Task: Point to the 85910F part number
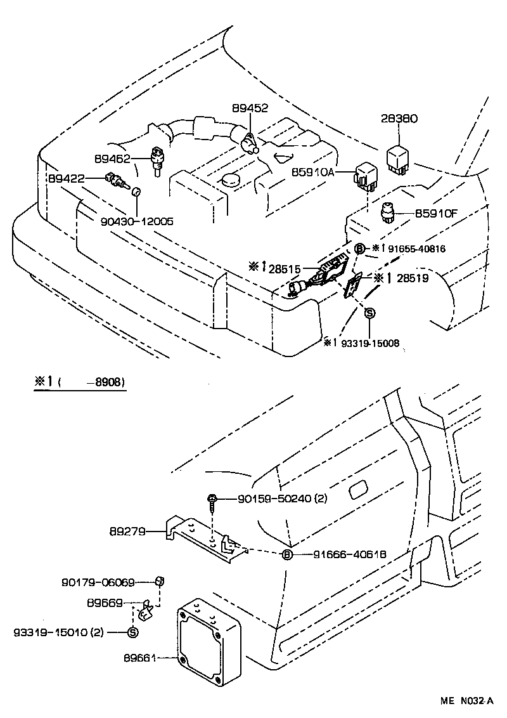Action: (x=436, y=214)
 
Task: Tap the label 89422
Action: (x=67, y=179)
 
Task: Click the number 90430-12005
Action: (x=137, y=221)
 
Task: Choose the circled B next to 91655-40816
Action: (x=359, y=249)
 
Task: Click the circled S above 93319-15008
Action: (x=370, y=312)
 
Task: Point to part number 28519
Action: (x=412, y=278)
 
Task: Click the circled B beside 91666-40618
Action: (x=286, y=555)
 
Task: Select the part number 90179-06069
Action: (x=98, y=582)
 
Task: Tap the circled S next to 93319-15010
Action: (x=132, y=632)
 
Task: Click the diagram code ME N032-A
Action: (x=467, y=702)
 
